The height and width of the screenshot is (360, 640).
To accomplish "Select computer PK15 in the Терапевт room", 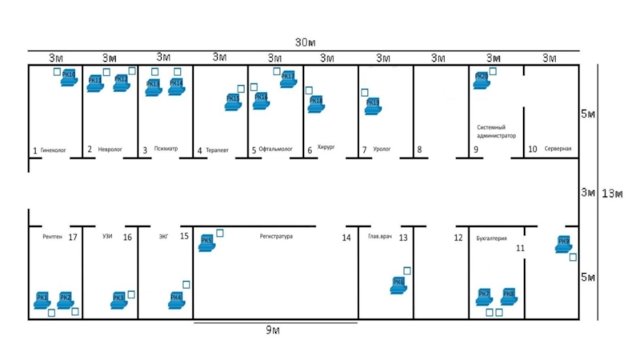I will click(233, 102).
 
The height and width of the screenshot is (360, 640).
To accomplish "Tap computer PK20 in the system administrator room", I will click(482, 79).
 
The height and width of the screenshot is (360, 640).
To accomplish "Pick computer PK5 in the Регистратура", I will click(206, 242).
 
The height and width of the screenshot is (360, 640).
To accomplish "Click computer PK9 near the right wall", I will click(564, 244).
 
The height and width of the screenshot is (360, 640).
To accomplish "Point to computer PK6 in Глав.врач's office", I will click(398, 285).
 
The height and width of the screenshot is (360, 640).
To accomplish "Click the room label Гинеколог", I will click(53, 150).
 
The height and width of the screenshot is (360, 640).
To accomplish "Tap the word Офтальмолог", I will click(276, 150).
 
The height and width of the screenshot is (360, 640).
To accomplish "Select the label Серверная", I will click(558, 150).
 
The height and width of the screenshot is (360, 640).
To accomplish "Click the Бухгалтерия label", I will click(491, 238).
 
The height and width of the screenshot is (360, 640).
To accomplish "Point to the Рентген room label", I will click(52, 238).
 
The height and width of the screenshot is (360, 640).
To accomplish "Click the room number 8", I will click(418, 150).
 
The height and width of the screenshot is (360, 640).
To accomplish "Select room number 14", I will click(346, 238).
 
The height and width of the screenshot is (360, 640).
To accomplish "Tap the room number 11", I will click(520, 249).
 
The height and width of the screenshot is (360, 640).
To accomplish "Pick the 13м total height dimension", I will click(612, 193).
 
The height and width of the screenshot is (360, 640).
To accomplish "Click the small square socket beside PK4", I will click(186, 284).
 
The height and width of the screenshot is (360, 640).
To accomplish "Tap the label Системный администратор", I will click(496, 131).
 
